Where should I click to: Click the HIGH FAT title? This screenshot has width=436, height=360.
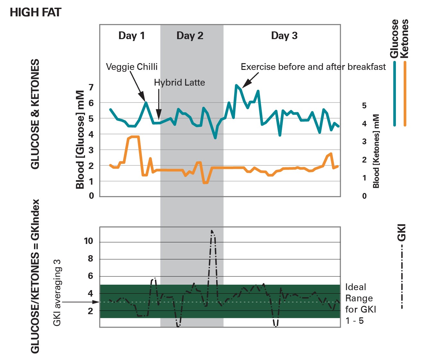point(35,13)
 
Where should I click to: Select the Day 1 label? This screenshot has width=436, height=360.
point(132,36)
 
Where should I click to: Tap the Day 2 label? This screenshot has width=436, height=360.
point(190,36)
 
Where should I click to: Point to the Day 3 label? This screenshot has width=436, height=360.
point(284,36)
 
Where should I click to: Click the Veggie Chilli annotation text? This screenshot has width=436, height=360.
point(132,67)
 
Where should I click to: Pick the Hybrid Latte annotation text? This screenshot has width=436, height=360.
point(179,83)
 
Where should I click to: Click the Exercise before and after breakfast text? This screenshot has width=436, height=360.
point(313,67)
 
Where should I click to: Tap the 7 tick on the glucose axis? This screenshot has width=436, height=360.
point(91,87)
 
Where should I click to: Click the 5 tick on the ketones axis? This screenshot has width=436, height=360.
point(364,105)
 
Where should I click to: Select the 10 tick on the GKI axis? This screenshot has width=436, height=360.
point(89,241)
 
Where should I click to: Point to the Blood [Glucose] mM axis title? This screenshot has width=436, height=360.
point(80,139)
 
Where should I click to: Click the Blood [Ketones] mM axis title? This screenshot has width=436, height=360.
point(376,151)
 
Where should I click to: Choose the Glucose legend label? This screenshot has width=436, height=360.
point(394,39)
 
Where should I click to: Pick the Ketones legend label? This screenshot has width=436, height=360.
point(405,39)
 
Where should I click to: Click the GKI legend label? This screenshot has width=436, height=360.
point(402,232)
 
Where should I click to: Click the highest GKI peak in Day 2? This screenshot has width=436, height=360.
point(212,231)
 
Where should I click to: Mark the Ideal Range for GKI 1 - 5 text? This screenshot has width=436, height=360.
point(360,304)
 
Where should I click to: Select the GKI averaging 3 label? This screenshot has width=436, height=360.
point(57,293)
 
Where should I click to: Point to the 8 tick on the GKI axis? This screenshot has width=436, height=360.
point(90,258)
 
